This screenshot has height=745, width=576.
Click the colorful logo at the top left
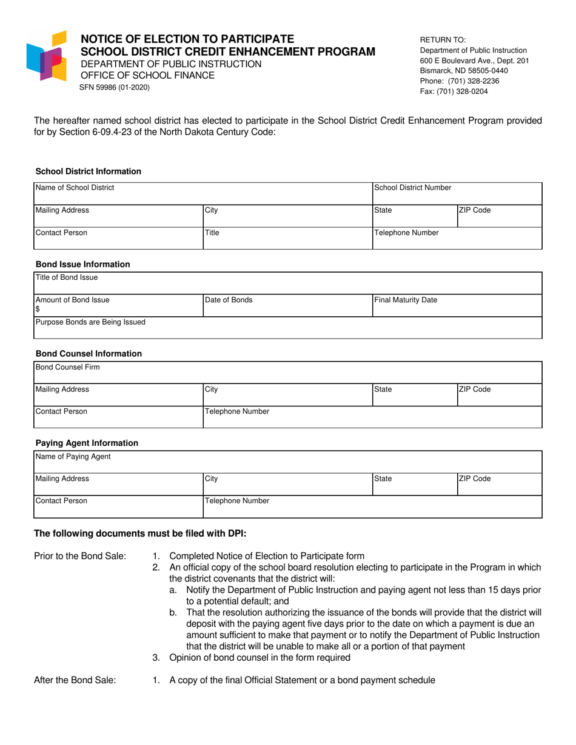pos(46,56)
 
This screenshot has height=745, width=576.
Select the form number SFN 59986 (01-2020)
pos(115,87)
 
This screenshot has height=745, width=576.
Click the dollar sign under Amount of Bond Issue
pos(38,310)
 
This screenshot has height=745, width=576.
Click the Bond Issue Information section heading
pos(82,265)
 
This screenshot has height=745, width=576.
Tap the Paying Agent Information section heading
pos(87,443)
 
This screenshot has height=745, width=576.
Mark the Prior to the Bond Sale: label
pos(80,556)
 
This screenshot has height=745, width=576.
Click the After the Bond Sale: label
pos(75,680)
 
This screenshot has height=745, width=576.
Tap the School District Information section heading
pos(88,171)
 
